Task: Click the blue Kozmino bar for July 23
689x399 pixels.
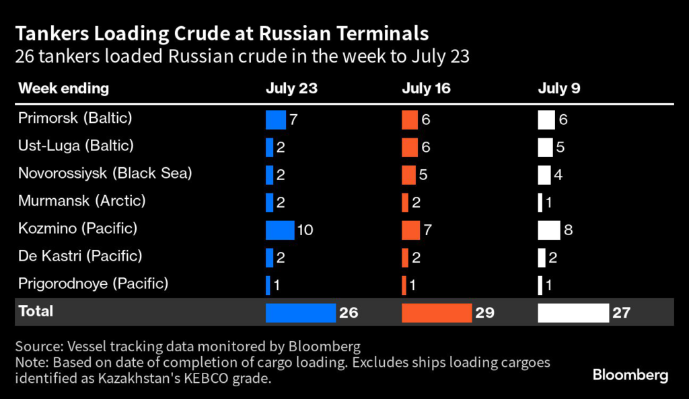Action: point(280,230)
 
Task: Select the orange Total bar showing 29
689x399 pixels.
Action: point(437,312)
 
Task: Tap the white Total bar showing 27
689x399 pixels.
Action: point(573,312)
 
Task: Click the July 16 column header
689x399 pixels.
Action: point(426,89)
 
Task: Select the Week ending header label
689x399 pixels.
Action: point(63,89)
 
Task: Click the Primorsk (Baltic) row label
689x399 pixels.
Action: point(75,118)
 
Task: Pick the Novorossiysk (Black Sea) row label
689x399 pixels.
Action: point(105,173)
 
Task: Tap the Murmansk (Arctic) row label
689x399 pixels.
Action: point(81,201)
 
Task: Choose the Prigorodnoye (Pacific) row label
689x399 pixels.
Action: point(94,283)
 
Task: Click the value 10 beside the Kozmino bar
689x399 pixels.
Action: point(305,230)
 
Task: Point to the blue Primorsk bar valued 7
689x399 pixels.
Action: point(276,120)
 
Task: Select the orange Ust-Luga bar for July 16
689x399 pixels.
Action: point(410,147)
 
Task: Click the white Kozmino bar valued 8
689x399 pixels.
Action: point(548,230)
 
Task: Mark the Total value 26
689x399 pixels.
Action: point(349,312)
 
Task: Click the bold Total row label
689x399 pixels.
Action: point(36,312)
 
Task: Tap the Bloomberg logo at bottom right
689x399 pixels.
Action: point(630,375)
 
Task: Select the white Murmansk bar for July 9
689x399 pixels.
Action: point(540,202)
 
